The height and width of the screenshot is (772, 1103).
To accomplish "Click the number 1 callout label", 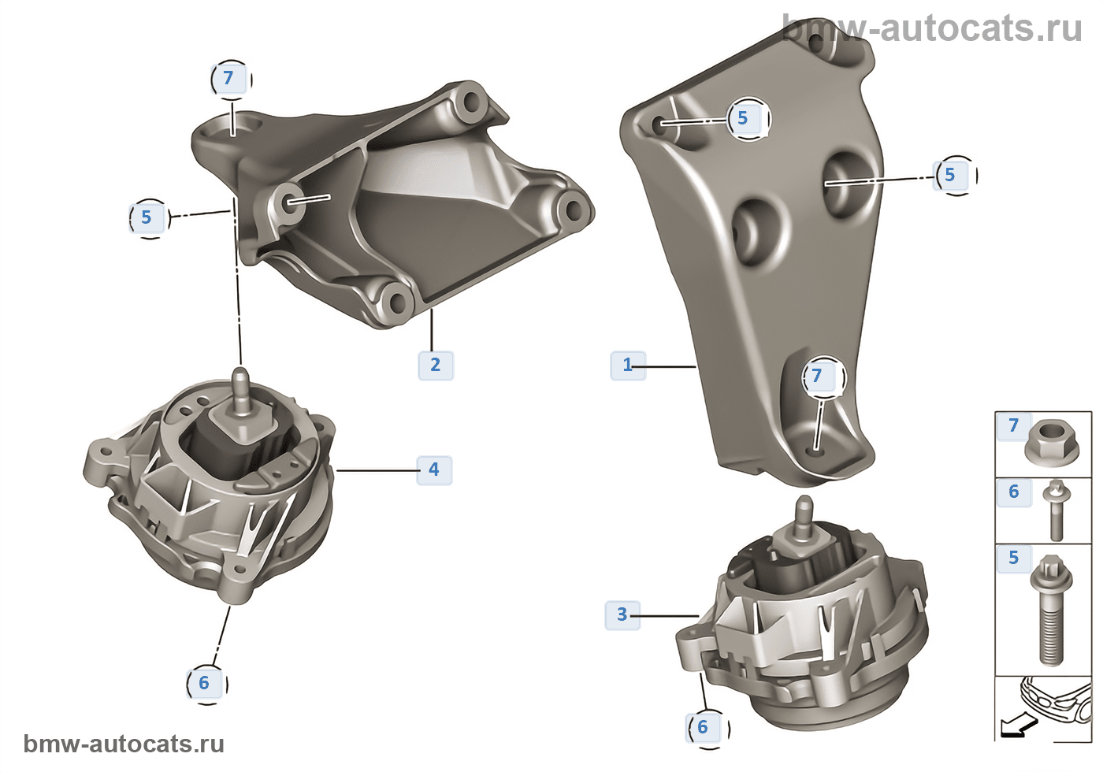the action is point(628,366).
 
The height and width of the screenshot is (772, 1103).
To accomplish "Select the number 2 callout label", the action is point(436,366).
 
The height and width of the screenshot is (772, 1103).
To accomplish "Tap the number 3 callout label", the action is point(622,615).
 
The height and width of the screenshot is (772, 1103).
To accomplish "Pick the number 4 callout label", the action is point(434,470).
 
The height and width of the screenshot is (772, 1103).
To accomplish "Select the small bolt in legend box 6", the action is point(1057,510).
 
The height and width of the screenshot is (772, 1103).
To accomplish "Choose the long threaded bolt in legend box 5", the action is point(1051,610).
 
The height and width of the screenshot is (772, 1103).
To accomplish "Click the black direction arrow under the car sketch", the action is point(1019,726).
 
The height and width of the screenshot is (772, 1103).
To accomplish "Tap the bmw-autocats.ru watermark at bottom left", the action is point(124,744).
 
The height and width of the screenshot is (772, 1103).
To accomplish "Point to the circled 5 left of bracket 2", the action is point(149,218).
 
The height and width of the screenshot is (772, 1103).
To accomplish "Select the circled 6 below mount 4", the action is point(206,684).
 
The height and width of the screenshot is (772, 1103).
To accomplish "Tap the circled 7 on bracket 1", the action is point(823,377).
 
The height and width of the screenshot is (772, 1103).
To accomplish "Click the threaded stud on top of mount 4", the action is point(241,392).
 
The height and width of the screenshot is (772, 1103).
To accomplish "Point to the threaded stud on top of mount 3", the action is point(804,518).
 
